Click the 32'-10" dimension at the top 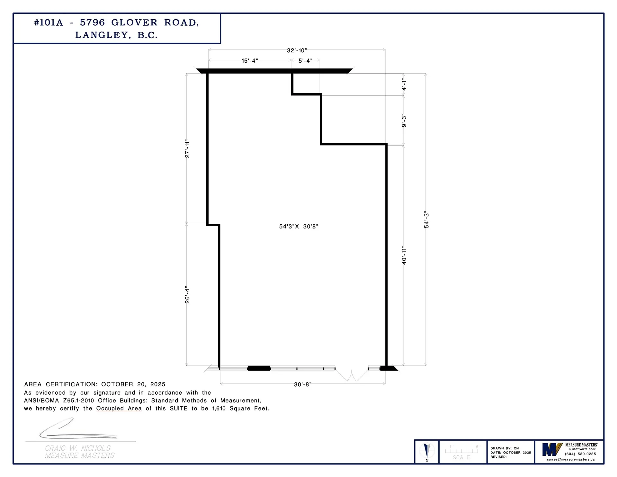tap(297, 50)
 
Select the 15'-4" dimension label tap(250, 61)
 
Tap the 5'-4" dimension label tap(305, 61)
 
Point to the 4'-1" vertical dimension tap(404, 85)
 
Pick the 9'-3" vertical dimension tap(404, 121)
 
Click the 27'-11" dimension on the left tap(188, 148)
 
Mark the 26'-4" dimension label tap(188, 295)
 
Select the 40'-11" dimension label tap(404, 256)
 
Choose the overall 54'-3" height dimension tap(427, 221)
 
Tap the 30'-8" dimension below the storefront tap(303, 384)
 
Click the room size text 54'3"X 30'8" tap(299, 227)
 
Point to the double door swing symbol tap(352, 375)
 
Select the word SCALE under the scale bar tap(461, 457)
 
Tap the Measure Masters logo tap(552, 449)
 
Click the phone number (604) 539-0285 tap(580, 454)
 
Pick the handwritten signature tap(77, 430)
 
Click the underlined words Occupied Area tap(119, 409)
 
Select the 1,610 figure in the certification tap(219, 409)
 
